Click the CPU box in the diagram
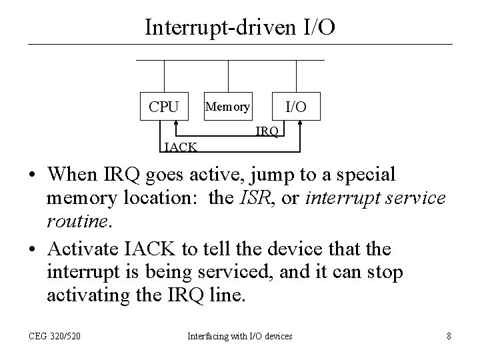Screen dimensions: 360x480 click(x=163, y=106)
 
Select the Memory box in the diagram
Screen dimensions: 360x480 click(x=228, y=106)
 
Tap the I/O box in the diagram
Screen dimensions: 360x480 click(x=296, y=106)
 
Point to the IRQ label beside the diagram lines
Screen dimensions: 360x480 click(x=267, y=131)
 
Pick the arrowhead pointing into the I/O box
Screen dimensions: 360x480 click(x=302, y=123)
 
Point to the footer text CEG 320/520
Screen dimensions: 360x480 click(x=55, y=337)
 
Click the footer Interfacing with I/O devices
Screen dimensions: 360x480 click(x=240, y=337)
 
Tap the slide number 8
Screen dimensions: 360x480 click(x=449, y=337)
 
